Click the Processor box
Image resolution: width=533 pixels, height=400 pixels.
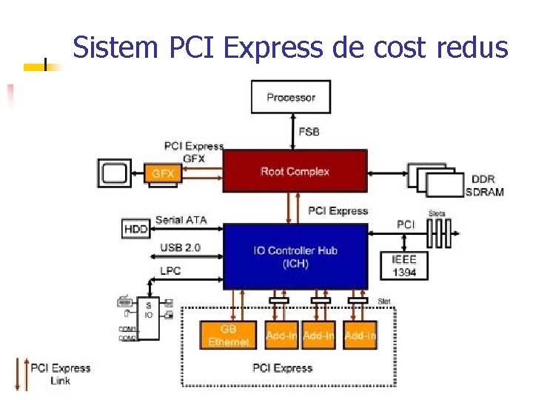[291, 97]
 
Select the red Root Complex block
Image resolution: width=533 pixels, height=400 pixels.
[295, 172]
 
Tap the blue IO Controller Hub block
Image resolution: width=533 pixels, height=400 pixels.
[295, 256]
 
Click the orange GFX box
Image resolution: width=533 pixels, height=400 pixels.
[163, 173]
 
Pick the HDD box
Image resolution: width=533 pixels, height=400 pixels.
[135, 229]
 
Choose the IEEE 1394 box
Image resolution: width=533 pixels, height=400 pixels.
[403, 266]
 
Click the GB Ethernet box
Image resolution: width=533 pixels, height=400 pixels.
[228, 336]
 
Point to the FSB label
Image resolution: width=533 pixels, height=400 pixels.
[309, 132]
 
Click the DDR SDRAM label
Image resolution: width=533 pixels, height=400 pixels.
[485, 186]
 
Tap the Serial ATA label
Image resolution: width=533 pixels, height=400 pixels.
[181, 220]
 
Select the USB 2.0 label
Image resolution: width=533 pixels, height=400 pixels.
[180, 247]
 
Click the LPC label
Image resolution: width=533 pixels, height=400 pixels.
[170, 270]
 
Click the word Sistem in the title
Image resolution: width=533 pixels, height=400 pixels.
[116, 48]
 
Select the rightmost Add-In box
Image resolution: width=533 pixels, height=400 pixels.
[361, 336]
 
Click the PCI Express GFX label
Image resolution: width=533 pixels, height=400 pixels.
[194, 152]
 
